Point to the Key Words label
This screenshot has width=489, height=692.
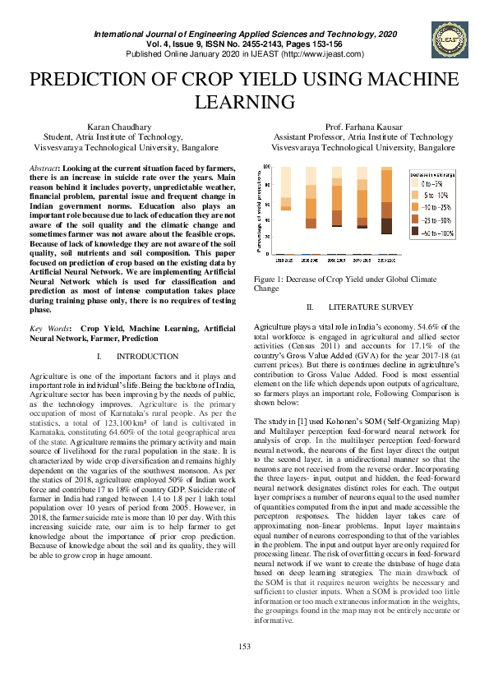[x=48, y=329]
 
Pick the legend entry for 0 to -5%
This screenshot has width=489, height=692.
[x=434, y=184]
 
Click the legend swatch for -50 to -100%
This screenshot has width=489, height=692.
[x=416, y=234]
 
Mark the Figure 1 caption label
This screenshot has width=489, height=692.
[x=270, y=279]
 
